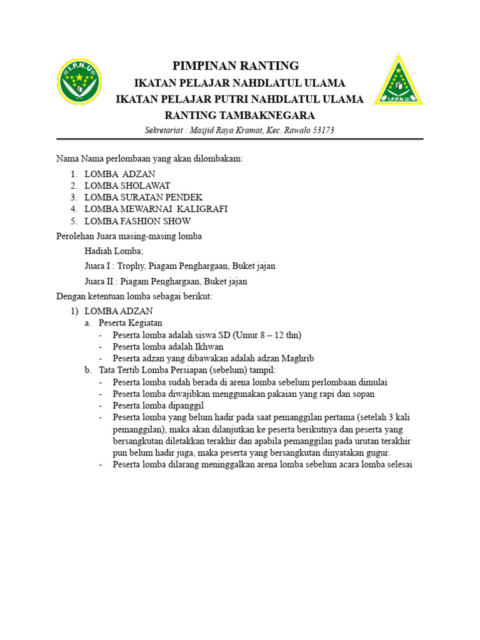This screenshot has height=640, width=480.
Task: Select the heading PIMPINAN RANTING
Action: [236, 66]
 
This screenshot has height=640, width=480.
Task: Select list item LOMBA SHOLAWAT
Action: [127, 186]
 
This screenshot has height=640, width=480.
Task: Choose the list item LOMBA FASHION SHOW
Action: [137, 221]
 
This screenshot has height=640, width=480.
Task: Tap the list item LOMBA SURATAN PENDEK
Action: [144, 197]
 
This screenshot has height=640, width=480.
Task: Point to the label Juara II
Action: [99, 281]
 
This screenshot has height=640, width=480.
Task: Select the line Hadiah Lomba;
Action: [114, 251]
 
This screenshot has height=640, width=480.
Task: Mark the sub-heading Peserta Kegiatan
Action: [131, 323]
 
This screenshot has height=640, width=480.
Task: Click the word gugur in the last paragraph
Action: [377, 452]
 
